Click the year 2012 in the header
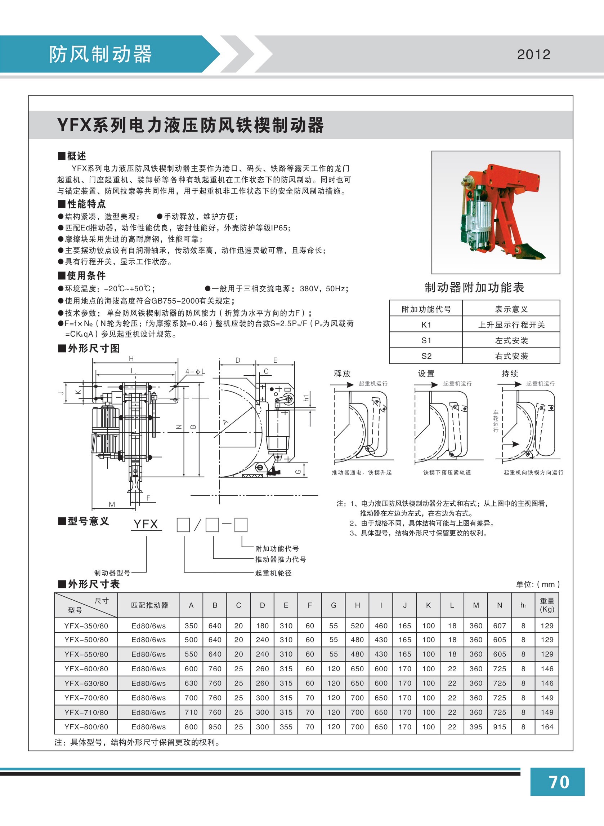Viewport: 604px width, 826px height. click(x=533, y=54)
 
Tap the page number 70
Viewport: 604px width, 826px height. click(x=559, y=782)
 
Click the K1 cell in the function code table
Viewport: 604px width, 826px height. click(x=426, y=324)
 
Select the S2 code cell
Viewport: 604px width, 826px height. click(x=426, y=356)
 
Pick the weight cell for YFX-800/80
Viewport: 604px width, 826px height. click(x=547, y=727)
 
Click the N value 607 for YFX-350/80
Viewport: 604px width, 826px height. click(x=499, y=626)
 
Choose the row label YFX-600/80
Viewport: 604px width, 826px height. click(x=86, y=669)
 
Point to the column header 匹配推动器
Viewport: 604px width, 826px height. click(x=149, y=605)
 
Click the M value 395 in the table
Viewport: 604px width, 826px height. click(x=476, y=727)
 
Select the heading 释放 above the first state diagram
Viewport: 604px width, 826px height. click(x=342, y=374)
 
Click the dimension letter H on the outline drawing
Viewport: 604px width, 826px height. click(x=131, y=359)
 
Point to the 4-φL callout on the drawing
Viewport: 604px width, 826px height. click(x=195, y=371)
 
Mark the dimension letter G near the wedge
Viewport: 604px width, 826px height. click(x=298, y=472)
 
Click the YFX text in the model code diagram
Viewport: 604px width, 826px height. click(x=146, y=524)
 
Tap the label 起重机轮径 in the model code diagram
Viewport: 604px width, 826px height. click(x=273, y=573)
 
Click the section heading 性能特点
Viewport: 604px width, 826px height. click(x=86, y=204)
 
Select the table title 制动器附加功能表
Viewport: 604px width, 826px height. click(x=474, y=288)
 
